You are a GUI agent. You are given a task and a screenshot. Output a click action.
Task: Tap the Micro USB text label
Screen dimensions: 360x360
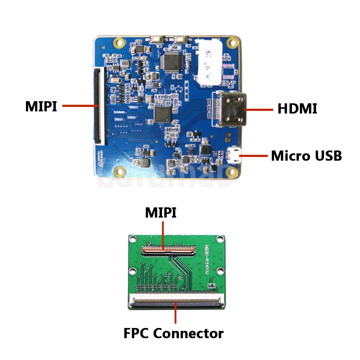[x=306, y=156]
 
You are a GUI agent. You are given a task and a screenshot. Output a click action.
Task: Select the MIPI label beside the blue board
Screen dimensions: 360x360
[x=41, y=106]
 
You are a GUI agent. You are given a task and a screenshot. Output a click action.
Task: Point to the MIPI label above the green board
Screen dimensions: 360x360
[x=161, y=212]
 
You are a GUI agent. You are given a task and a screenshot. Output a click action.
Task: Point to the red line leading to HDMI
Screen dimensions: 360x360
[x=259, y=109]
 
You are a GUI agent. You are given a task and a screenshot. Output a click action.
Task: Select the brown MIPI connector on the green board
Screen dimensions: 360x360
[x=168, y=249]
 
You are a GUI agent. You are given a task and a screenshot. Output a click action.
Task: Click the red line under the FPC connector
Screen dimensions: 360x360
[x=175, y=315]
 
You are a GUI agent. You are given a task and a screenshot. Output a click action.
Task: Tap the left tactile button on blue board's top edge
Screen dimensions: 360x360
[x=157, y=39]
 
